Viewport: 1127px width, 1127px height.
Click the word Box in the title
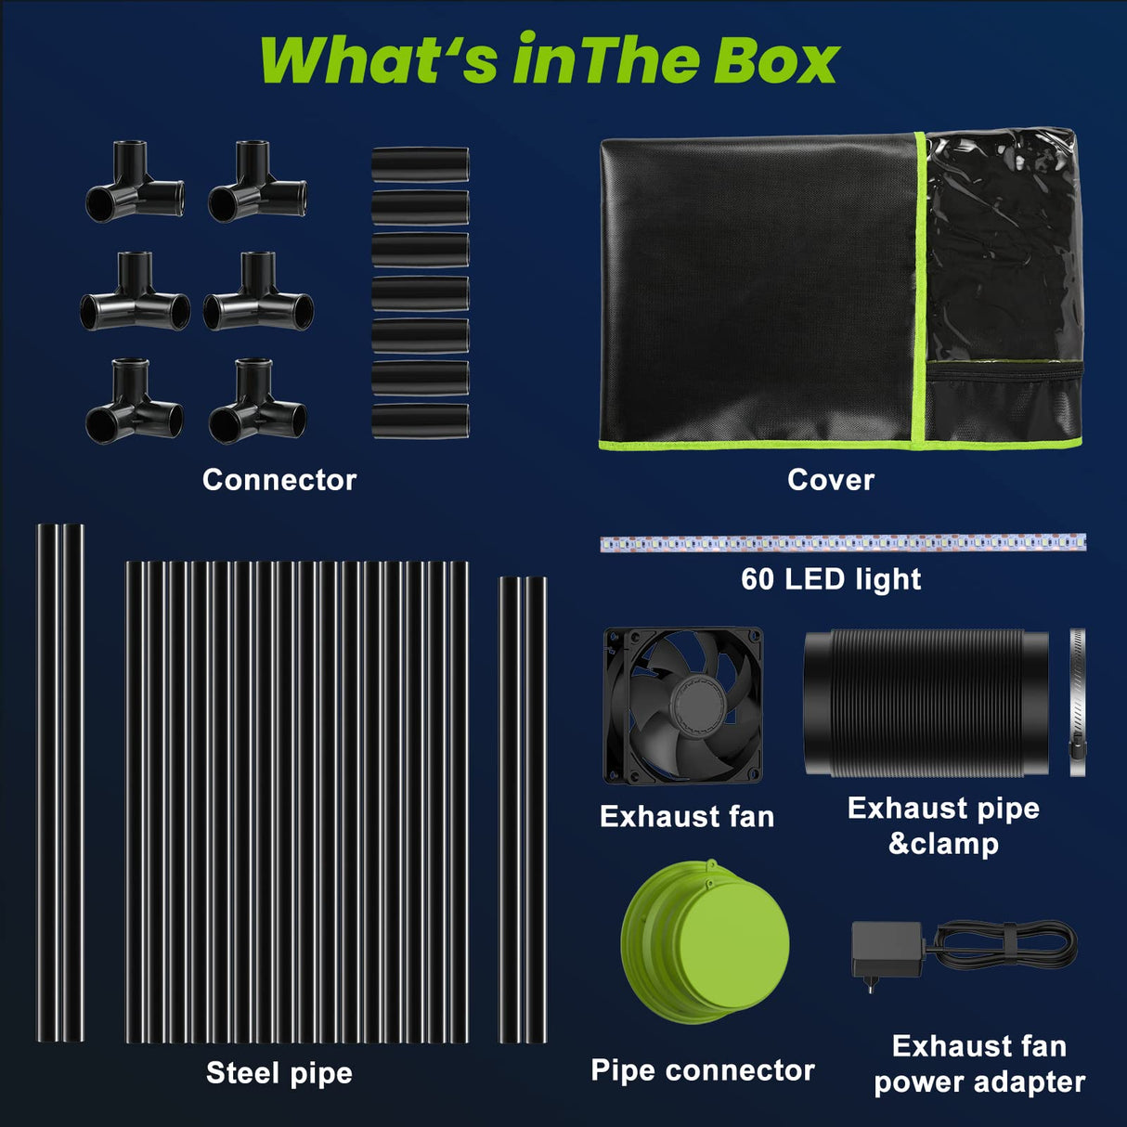[776, 61]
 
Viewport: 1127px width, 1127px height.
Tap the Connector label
[279, 480]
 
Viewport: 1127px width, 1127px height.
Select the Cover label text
[831, 480]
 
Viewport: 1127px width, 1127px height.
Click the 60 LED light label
[831, 579]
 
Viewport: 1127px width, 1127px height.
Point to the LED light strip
[842, 543]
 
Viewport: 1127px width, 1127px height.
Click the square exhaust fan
[683, 706]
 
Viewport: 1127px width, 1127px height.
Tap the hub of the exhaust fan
[691, 706]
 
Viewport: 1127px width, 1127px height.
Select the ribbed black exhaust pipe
[926, 703]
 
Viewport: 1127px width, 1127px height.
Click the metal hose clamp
[1077, 703]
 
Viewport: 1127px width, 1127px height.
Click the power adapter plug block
[886, 950]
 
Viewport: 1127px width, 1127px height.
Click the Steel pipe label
[279, 1073]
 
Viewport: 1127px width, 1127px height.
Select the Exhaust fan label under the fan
[687, 817]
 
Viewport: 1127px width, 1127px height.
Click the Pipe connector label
[703, 1070]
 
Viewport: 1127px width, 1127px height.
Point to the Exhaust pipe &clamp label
[943, 825]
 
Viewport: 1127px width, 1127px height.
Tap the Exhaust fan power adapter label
[979, 1064]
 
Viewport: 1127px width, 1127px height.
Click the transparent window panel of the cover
[1003, 246]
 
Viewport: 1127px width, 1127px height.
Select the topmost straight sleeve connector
[420, 164]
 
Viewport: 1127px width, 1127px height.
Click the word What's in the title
[381, 61]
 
